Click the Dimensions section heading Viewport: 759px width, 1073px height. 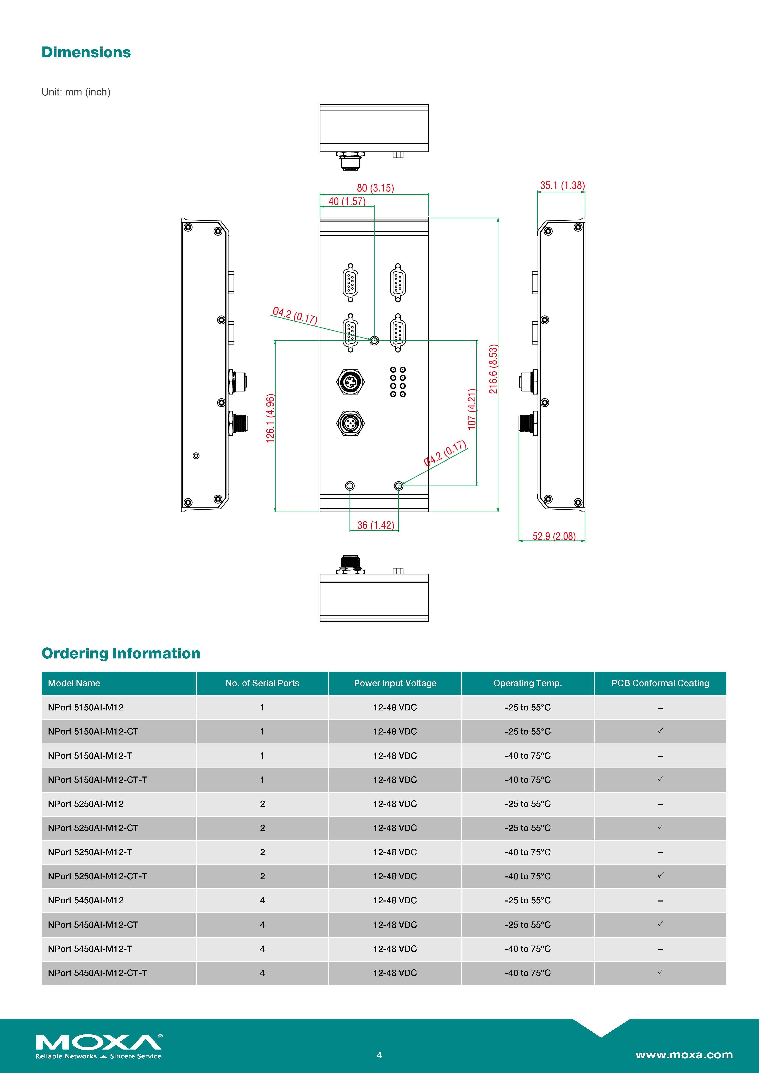click(x=86, y=52)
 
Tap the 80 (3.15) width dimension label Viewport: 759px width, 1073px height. click(x=375, y=188)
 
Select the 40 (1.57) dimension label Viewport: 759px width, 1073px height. click(x=347, y=201)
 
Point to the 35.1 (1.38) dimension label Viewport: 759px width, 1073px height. click(x=562, y=186)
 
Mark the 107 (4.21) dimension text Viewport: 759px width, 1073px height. click(x=472, y=409)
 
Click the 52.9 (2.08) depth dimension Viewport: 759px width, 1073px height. click(x=554, y=536)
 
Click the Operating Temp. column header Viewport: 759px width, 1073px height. click(x=527, y=683)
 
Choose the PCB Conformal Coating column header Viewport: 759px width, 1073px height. click(x=660, y=683)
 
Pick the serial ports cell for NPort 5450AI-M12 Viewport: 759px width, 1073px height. click(x=262, y=900)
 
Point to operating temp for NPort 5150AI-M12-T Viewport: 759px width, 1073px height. click(x=527, y=756)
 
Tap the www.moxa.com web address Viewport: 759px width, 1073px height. click(x=684, y=1054)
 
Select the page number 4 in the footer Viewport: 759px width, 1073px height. click(x=379, y=1055)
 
